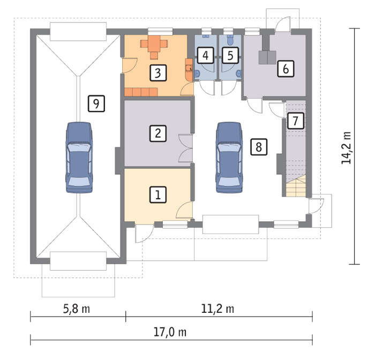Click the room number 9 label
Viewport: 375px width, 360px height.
click(96, 103)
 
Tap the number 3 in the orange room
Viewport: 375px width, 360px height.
click(158, 73)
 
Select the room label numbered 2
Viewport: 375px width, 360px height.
click(158, 133)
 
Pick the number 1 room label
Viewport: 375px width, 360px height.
click(158, 195)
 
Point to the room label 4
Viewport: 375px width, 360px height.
click(205, 55)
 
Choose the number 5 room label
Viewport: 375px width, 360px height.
click(230, 55)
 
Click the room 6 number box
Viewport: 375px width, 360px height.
click(286, 69)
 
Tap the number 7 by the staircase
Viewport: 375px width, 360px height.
click(296, 121)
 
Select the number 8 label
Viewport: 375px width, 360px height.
click(259, 147)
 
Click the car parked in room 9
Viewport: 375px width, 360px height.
click(79, 157)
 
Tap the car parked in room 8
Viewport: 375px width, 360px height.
click(229, 157)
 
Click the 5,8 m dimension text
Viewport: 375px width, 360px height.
click(77, 309)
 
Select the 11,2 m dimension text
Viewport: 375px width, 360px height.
click(217, 309)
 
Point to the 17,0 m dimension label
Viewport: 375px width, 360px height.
click(170, 332)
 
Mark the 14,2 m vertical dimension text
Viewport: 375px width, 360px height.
click(346, 148)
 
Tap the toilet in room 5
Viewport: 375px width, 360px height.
click(230, 40)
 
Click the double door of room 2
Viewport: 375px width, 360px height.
click(186, 148)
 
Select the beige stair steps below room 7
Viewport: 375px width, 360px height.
click(296, 185)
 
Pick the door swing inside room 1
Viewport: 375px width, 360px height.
click(184, 209)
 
